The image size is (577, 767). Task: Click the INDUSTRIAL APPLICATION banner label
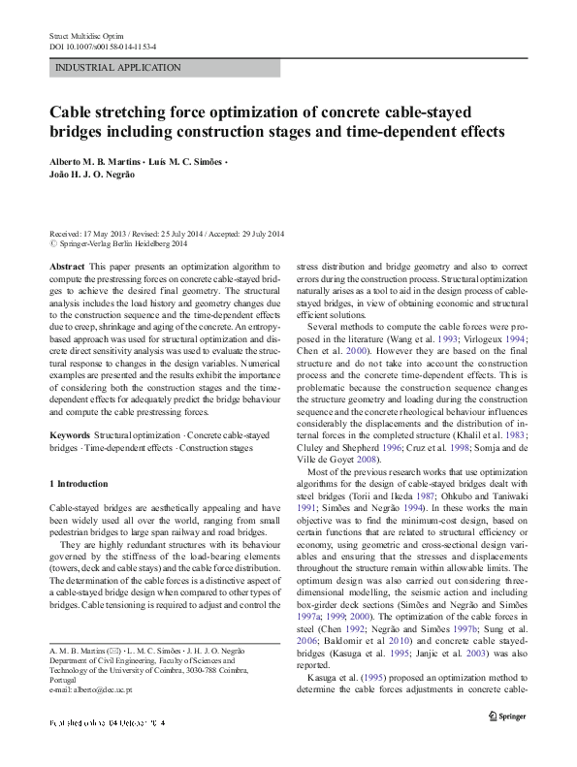coord(118,68)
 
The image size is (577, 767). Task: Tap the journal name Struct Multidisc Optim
coord(83,35)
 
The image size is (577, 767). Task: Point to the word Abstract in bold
coord(65,266)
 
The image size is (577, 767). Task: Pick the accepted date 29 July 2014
coord(262,234)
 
